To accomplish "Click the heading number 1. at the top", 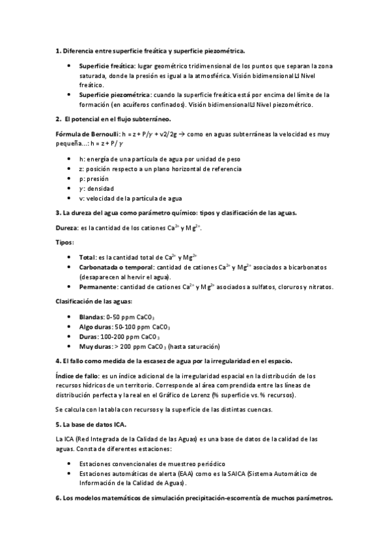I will [x=58, y=50].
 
